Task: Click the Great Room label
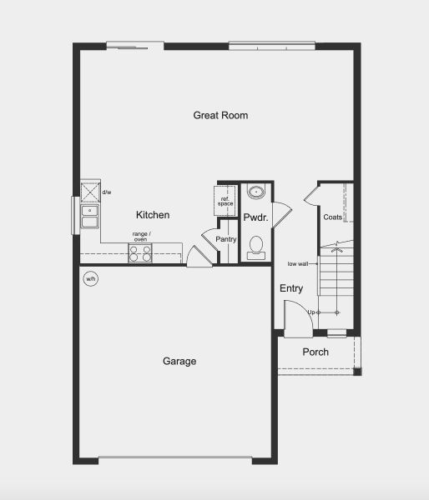click(x=220, y=115)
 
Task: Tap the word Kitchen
click(x=153, y=215)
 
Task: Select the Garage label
click(x=179, y=361)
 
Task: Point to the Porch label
click(x=315, y=352)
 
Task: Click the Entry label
click(x=291, y=288)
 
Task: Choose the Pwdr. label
click(x=254, y=217)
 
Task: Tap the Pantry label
click(x=226, y=240)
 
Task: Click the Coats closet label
click(x=333, y=217)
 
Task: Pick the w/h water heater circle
click(x=90, y=278)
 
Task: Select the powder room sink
click(x=255, y=192)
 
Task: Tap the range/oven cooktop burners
click(x=140, y=252)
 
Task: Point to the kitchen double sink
click(x=89, y=217)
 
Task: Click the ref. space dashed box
click(x=225, y=201)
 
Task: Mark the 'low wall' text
click(x=299, y=263)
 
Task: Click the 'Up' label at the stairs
click(x=312, y=312)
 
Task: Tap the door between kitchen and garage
click(x=198, y=257)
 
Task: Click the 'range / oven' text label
click(x=141, y=237)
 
